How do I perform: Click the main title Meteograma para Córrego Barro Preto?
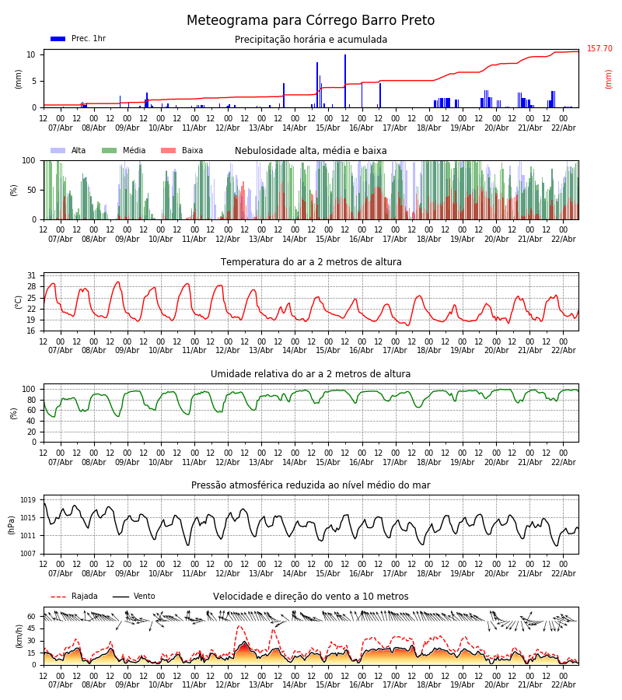point(310,20)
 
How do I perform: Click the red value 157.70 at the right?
point(599,49)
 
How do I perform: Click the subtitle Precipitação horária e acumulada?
point(310,40)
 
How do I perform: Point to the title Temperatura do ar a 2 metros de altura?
point(310,262)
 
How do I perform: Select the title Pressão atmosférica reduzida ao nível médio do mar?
point(310,485)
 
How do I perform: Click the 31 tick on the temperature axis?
point(32,276)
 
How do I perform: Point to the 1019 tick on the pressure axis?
point(29,500)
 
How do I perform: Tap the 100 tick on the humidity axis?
point(29,389)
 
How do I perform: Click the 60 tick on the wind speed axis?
point(32,616)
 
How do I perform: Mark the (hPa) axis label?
point(12,524)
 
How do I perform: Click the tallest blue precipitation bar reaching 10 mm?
point(345,81)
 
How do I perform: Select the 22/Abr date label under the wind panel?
point(563,684)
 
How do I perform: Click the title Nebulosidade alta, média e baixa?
point(310,151)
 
